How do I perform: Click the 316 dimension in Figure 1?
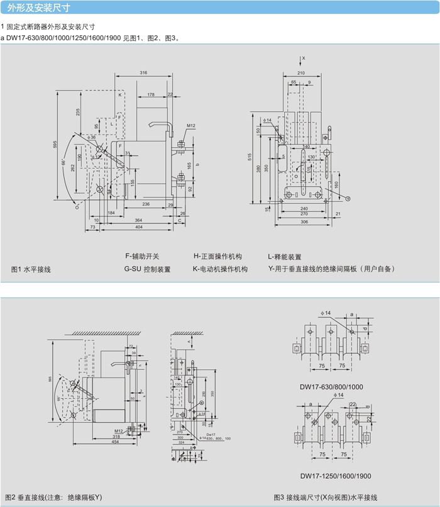pyautogui.click(x=143, y=74)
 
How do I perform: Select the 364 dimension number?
pyautogui.click(x=138, y=219)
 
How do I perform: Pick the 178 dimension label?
pyautogui.click(x=151, y=94)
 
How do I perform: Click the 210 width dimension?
pyautogui.click(x=301, y=74)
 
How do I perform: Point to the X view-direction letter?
pyautogui.click(x=303, y=58)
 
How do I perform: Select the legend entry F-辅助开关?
pyautogui.click(x=143, y=257)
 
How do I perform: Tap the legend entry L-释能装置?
pyautogui.click(x=285, y=257)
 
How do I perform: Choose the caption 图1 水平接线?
pyautogui.click(x=31, y=269)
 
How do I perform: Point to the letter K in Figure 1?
pyautogui.click(x=119, y=95)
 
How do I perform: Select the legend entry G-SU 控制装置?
pyautogui.click(x=148, y=269)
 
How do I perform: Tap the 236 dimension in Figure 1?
pyautogui.click(x=145, y=204)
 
